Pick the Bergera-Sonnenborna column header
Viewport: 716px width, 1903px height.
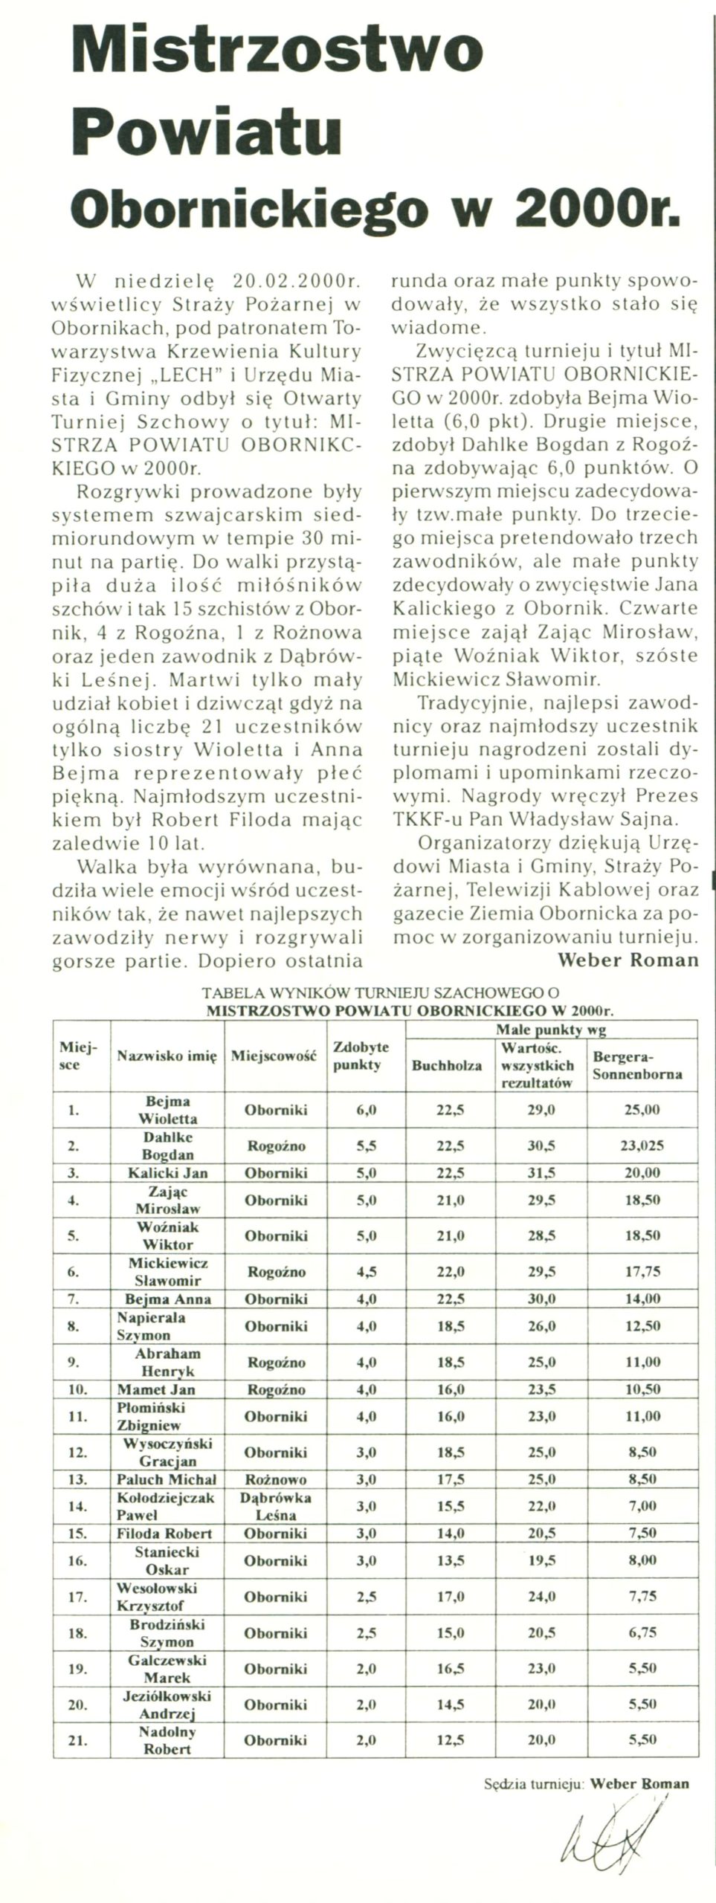tap(634, 1065)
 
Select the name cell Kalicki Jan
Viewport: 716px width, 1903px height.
tap(167, 1172)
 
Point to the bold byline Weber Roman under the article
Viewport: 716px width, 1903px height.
tap(628, 959)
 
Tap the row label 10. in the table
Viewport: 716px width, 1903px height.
tap(73, 1386)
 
